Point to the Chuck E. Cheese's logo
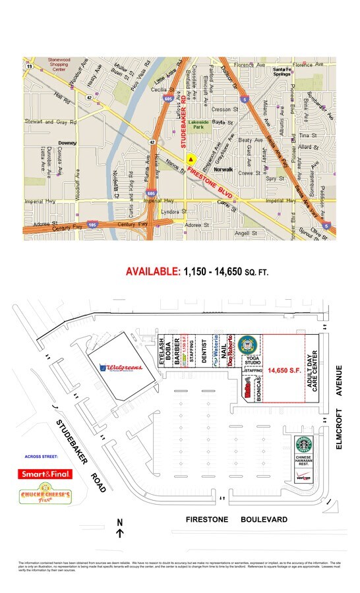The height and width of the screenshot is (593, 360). pos(45,497)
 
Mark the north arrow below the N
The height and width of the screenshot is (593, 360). pos(119,534)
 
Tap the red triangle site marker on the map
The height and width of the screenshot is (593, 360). pos(191,159)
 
